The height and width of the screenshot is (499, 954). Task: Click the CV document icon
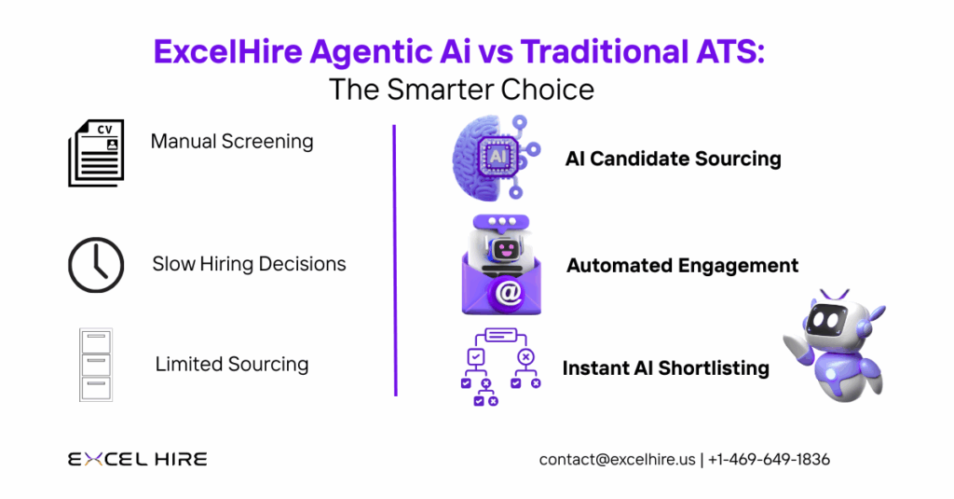click(96, 153)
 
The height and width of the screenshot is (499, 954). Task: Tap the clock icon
click(96, 265)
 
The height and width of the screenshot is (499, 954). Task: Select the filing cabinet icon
click(96, 364)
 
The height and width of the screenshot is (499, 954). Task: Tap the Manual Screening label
click(232, 142)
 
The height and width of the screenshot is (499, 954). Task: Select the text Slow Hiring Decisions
click(249, 264)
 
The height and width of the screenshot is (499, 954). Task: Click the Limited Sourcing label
click(232, 364)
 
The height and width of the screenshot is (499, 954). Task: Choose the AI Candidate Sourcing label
click(673, 159)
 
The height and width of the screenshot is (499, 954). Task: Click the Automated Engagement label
click(682, 266)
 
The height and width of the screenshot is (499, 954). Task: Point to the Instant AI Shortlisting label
click(665, 368)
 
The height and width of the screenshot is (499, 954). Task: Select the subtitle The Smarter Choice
click(460, 90)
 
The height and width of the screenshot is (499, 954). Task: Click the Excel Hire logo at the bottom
click(137, 459)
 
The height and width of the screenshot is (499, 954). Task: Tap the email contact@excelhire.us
click(617, 459)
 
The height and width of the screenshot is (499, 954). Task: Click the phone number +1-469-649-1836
click(769, 459)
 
